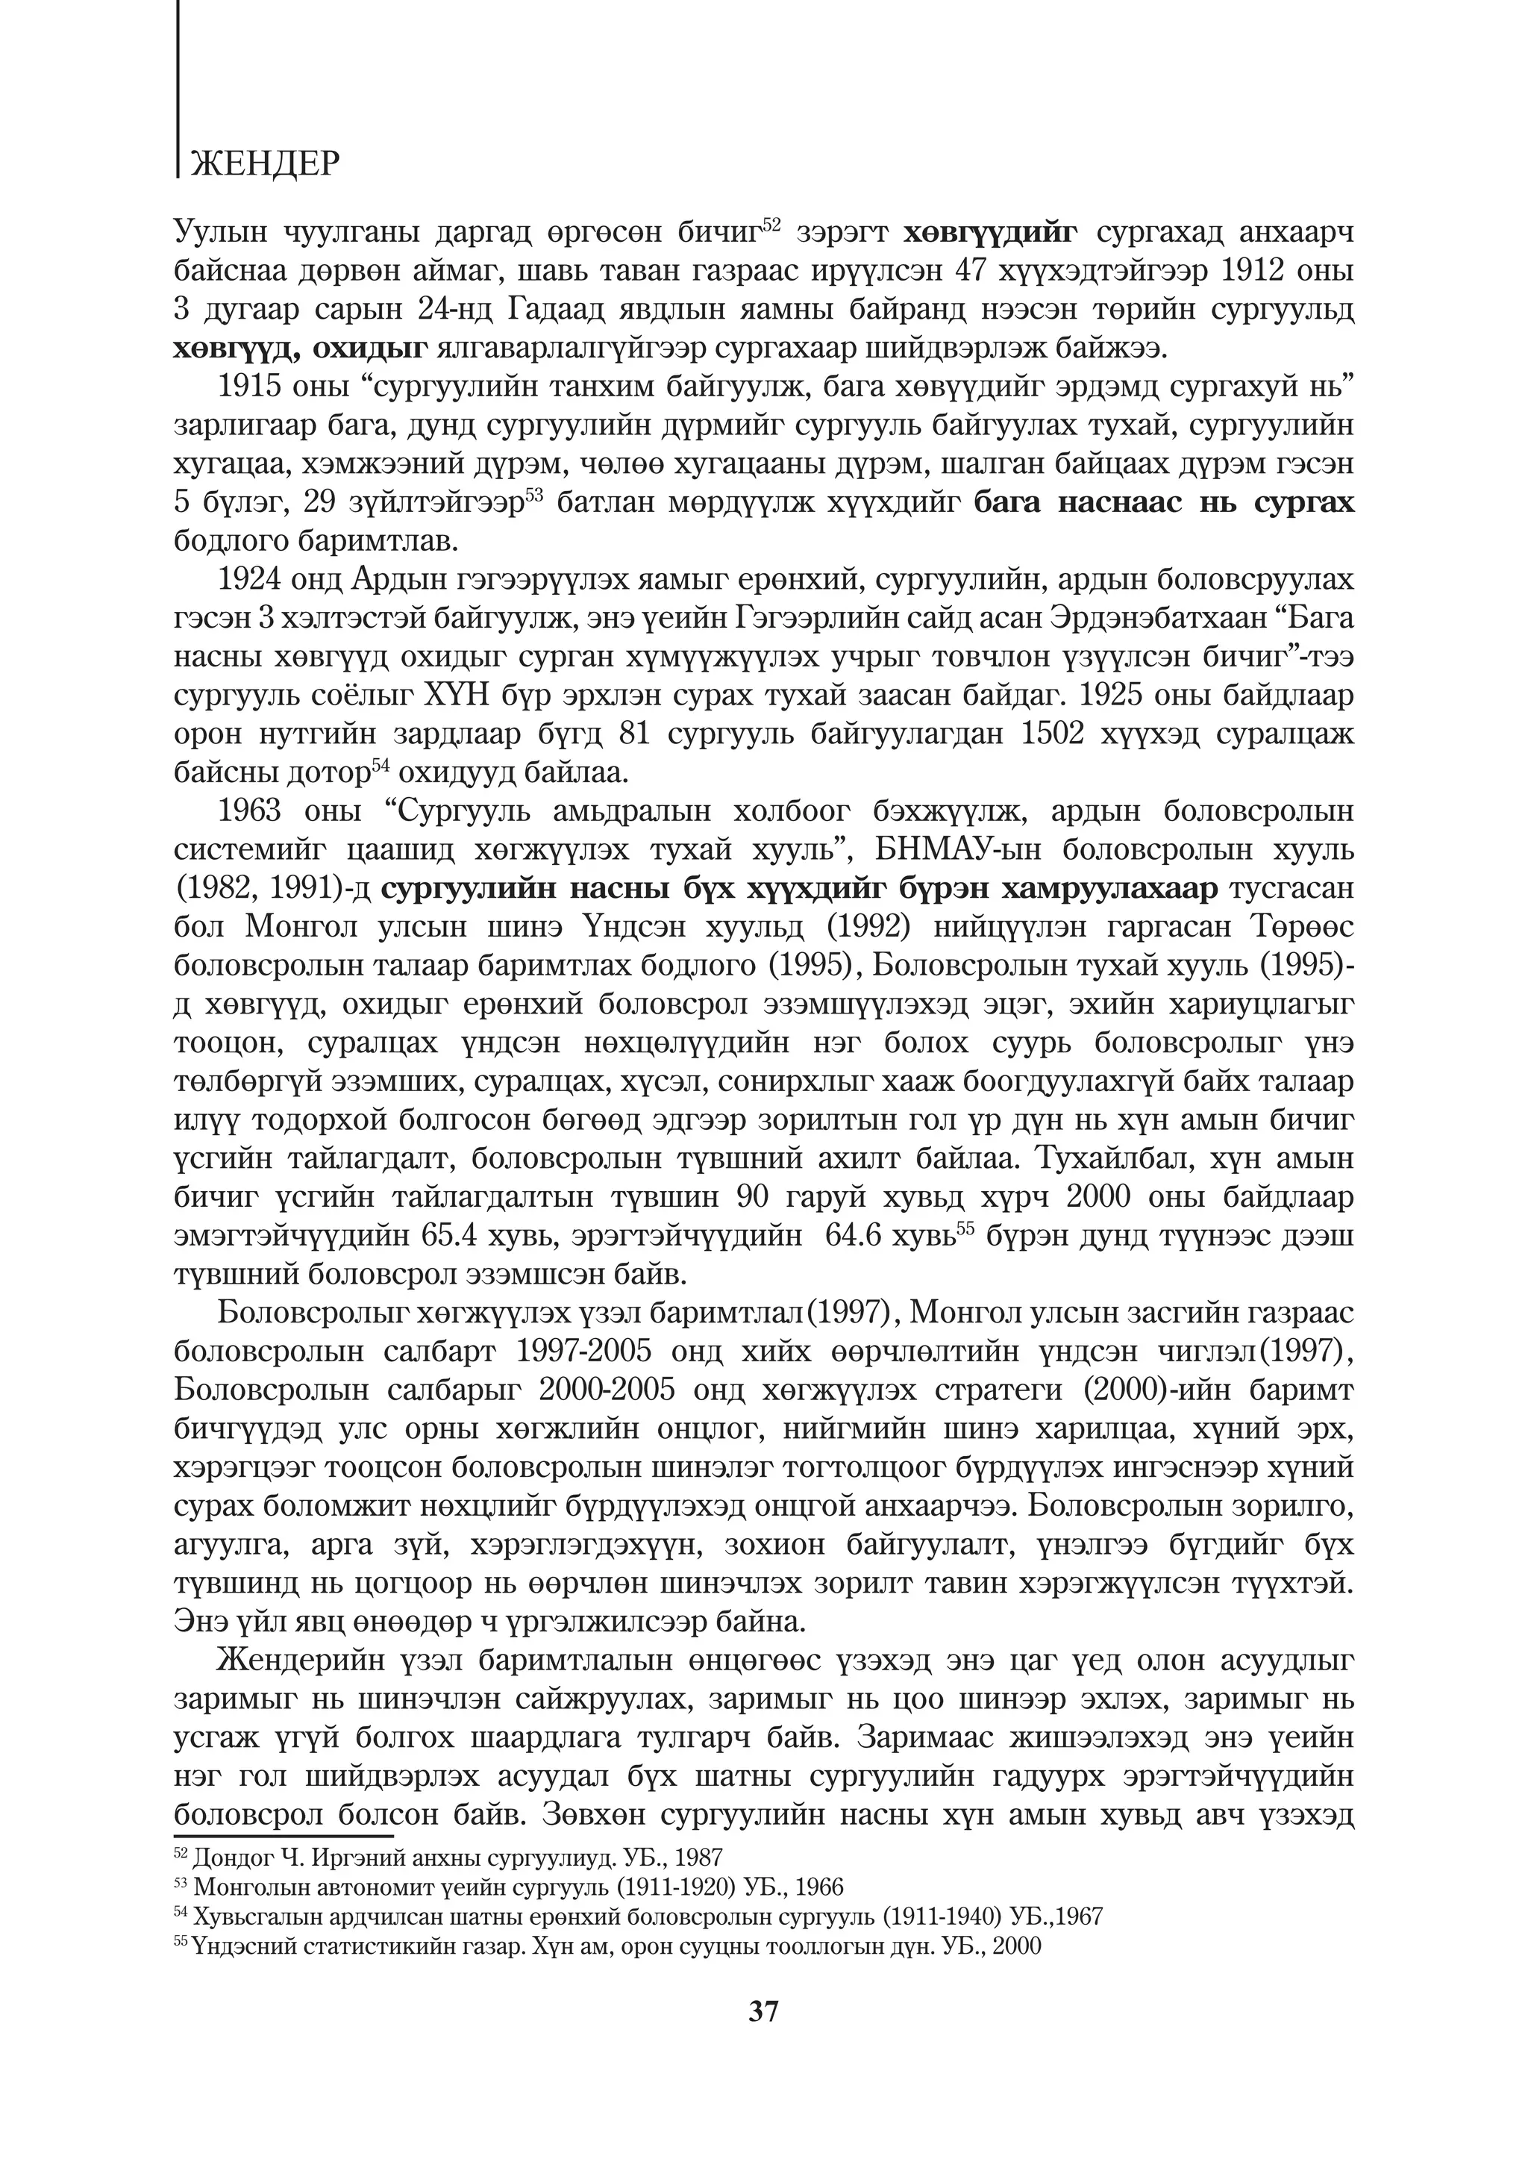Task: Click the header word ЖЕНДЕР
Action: (264, 164)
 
